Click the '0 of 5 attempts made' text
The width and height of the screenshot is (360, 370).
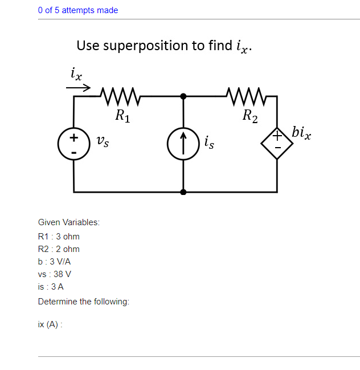point(78,10)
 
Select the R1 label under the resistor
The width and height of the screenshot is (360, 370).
point(122,117)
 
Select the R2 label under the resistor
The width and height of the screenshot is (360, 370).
point(249,117)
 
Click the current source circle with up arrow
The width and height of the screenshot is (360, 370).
point(182,143)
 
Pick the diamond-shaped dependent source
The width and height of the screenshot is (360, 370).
point(277,143)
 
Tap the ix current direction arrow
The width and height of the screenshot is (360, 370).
point(78,88)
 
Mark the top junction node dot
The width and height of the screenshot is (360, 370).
point(182,96)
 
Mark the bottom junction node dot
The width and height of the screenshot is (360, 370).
point(182,192)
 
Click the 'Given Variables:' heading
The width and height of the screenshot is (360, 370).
point(68,222)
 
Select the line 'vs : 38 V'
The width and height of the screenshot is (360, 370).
point(54,274)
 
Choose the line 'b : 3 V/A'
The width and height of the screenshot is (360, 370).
point(54,262)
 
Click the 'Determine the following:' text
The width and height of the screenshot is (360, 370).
point(83,302)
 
